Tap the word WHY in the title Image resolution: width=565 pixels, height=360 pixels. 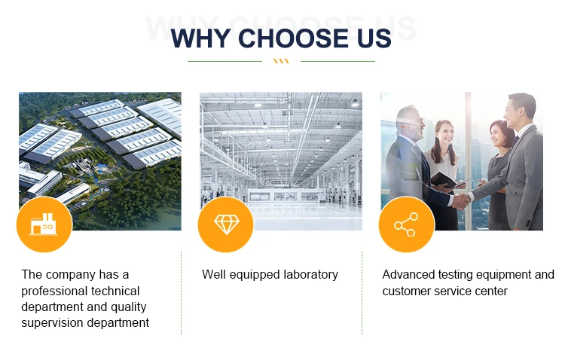coord(200,38)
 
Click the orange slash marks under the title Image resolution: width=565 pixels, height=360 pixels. coord(281,61)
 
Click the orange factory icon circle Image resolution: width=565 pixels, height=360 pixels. coord(44,224)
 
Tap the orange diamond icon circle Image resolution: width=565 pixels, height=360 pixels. coord(226,224)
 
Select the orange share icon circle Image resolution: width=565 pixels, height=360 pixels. coord(407,224)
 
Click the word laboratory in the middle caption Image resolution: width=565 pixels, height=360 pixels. coord(310,275)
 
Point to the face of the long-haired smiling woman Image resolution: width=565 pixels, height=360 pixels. coord(444,133)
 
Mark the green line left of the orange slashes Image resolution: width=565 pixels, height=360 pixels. coord(224,61)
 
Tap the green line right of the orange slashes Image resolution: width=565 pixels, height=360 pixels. coord(337,61)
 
